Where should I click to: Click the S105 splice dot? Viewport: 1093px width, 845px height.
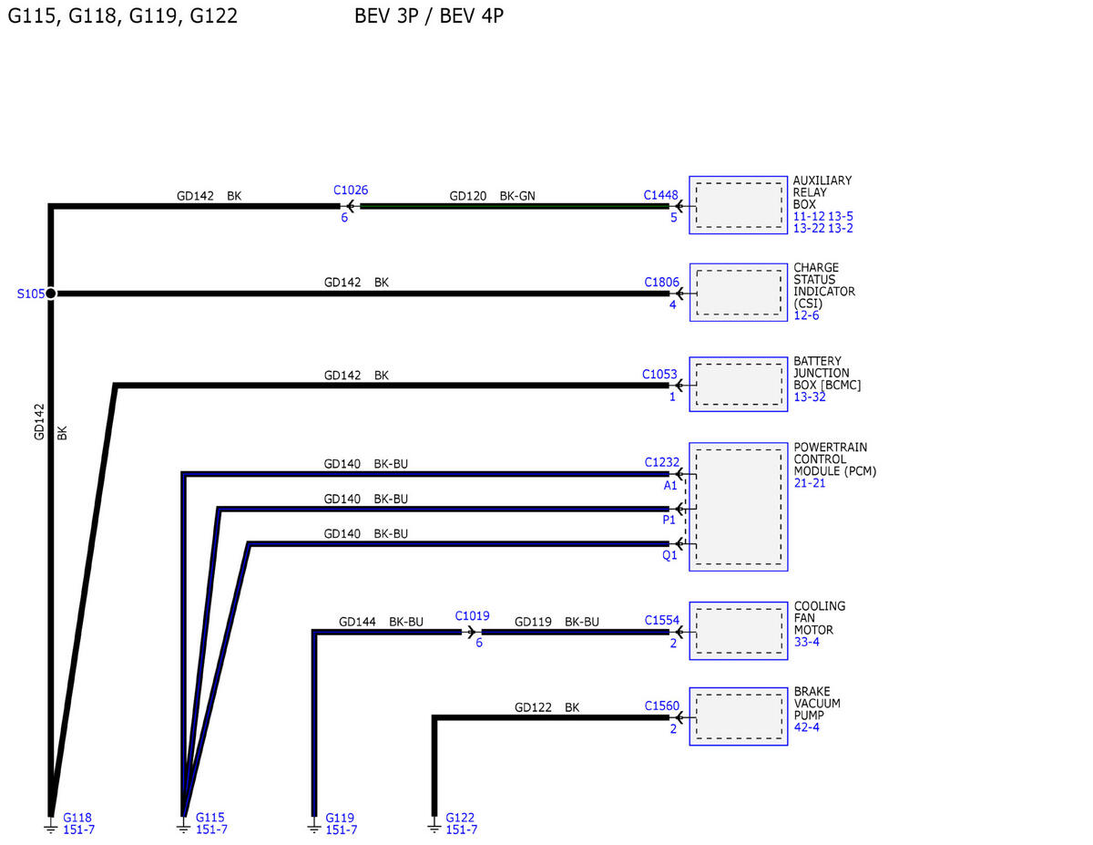tap(51, 293)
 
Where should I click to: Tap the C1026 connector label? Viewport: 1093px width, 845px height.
tap(351, 191)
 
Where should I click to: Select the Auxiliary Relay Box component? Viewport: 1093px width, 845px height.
tap(738, 205)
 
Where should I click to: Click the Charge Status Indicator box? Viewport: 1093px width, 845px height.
tap(739, 293)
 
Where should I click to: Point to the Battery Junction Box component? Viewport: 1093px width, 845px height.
tap(739, 384)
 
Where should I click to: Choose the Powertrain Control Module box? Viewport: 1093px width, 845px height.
tap(739, 507)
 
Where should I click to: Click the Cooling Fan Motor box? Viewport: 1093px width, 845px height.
tap(739, 631)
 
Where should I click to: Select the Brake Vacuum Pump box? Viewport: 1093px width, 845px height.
tap(739, 716)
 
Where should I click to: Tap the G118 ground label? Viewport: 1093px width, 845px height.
tap(77, 818)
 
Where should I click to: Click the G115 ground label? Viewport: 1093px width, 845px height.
tap(210, 818)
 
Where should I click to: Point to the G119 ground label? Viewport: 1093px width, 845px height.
tap(340, 818)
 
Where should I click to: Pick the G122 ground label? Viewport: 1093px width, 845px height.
tap(460, 818)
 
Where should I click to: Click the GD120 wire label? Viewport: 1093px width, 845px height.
tap(468, 196)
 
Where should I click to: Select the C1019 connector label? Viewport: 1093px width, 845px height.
tap(473, 616)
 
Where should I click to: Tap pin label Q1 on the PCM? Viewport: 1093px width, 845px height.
tap(669, 555)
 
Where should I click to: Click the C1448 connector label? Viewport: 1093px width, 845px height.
tap(661, 195)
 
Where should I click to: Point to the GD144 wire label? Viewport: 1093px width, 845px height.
tap(357, 622)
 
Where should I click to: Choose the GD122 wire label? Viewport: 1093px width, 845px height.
tap(533, 707)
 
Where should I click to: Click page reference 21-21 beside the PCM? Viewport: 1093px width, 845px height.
tap(810, 483)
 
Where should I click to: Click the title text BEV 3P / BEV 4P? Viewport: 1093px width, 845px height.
tap(429, 16)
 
